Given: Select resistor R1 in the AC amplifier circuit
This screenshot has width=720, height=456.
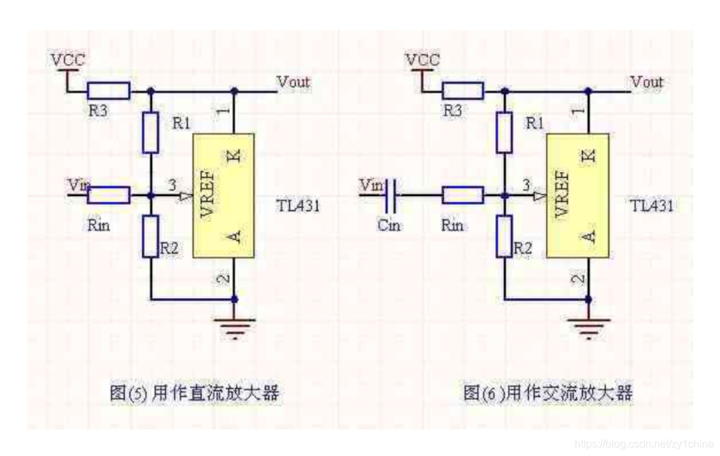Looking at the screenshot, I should [505, 132].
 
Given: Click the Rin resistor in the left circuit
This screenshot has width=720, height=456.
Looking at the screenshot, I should [109, 195].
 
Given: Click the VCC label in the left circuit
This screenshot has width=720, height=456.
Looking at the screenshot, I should [68, 60].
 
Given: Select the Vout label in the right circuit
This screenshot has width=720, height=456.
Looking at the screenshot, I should [647, 82].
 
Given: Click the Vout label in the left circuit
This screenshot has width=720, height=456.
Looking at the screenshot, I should [293, 82].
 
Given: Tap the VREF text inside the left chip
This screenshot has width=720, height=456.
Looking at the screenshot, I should [207, 195].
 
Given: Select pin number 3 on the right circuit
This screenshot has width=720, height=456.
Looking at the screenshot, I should [527, 185].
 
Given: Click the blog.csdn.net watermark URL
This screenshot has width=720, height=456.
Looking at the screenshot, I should [643, 444].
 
